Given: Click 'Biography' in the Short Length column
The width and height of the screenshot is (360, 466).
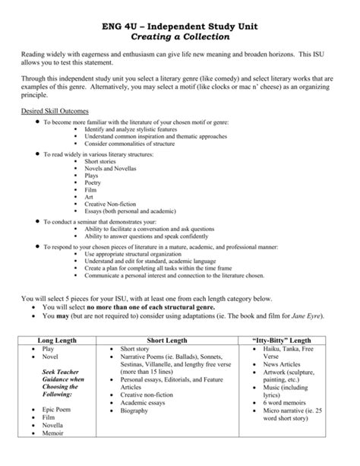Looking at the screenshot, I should (139, 411).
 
